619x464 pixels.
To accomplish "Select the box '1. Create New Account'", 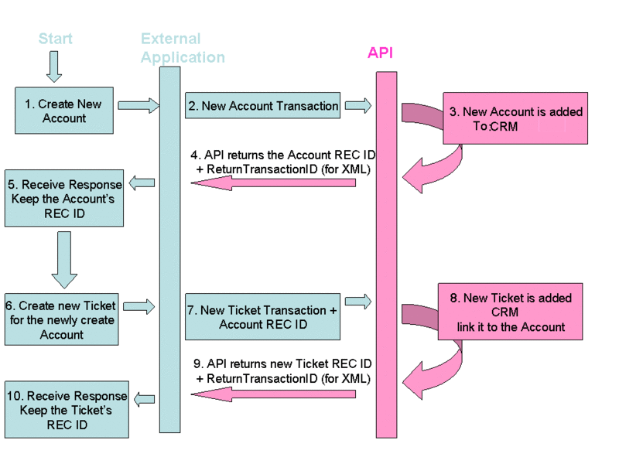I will click(x=64, y=111).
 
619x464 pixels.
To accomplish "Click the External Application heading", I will click(x=183, y=48).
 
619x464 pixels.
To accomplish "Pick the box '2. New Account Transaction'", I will click(x=263, y=106).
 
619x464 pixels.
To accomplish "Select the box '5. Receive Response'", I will click(x=63, y=198).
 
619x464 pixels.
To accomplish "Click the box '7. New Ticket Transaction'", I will click(x=263, y=317).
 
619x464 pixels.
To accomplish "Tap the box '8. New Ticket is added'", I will click(x=511, y=312).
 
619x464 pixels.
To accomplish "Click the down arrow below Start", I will click(x=53, y=67).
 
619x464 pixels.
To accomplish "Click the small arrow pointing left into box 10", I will click(x=143, y=399).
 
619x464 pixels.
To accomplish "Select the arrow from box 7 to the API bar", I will click(x=358, y=301).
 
